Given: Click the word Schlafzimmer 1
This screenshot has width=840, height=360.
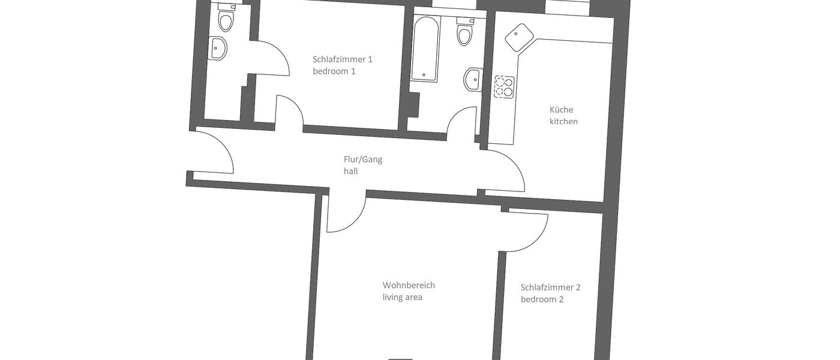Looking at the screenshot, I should (x=343, y=59).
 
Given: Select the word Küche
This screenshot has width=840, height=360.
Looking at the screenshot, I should (x=562, y=110).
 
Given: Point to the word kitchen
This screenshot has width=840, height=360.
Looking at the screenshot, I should (x=563, y=122).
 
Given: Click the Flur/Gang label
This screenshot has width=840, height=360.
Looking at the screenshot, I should (x=363, y=160).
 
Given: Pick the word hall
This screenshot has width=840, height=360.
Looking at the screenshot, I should (x=351, y=171).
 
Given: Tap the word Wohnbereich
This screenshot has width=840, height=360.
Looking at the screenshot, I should (x=409, y=286).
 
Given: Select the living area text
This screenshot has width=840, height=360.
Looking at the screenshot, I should (x=403, y=297).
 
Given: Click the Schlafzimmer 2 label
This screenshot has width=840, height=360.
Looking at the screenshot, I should (x=550, y=287).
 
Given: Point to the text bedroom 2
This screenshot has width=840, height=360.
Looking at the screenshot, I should (x=542, y=299).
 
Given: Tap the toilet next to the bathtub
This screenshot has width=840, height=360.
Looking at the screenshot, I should (x=465, y=32).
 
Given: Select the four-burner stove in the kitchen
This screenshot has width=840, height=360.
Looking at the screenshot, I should (x=504, y=87).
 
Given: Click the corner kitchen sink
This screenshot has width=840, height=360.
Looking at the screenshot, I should (x=518, y=38).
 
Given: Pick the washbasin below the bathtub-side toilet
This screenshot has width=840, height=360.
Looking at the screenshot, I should (x=473, y=79).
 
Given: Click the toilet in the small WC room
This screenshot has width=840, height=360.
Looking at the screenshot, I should (x=226, y=20).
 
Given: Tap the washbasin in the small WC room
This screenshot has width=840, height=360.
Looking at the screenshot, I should (x=218, y=48).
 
